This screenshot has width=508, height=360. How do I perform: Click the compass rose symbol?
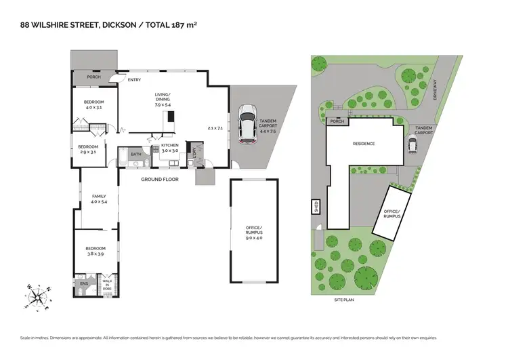pyautogui.click(x=38, y=296)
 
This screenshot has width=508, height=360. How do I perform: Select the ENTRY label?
pyautogui.click(x=134, y=80)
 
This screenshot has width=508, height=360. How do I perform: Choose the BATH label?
pyautogui.click(x=136, y=154)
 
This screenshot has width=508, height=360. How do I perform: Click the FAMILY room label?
pyautogui.click(x=99, y=196)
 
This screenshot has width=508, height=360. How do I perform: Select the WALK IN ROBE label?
pyautogui.click(x=107, y=283)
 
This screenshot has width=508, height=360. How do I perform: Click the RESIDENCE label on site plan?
pyautogui.click(x=363, y=144)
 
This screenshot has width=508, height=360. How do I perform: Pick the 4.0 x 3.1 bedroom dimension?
pyautogui.click(x=93, y=107)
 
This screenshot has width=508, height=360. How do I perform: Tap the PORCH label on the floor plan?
pyautogui.click(x=93, y=77)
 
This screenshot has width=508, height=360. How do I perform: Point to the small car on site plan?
pyautogui.click(x=412, y=144)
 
